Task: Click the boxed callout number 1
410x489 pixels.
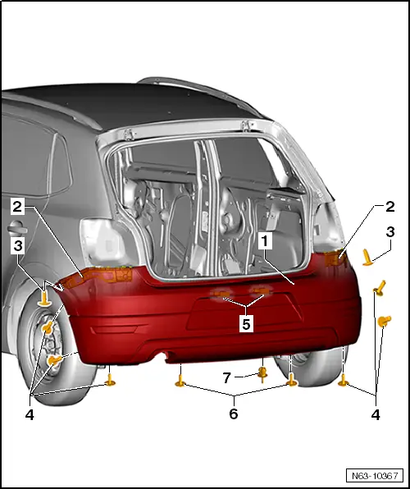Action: (265, 241)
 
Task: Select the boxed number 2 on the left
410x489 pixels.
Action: (18, 206)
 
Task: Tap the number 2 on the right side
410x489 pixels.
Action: (390, 206)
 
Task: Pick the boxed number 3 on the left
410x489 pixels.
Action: (18, 244)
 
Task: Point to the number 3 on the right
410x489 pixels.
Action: (391, 231)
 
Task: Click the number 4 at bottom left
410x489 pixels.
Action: (30, 415)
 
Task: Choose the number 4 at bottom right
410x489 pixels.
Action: (376, 415)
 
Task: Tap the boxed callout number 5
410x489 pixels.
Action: (245, 323)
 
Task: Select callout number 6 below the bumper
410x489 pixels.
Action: (234, 414)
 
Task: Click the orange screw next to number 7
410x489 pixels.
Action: (262, 374)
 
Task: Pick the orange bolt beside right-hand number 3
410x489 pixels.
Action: (369, 259)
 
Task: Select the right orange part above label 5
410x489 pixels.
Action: (261, 290)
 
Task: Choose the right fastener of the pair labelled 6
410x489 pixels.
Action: (291, 381)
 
